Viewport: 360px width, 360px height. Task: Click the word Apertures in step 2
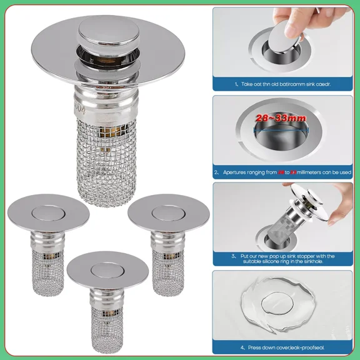pyautogui.click(x=235, y=171)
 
